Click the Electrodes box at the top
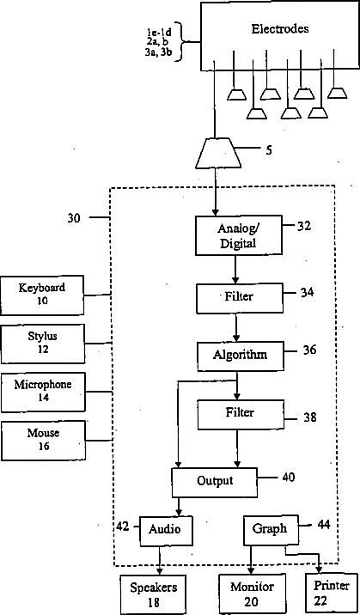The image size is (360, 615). click(280, 36)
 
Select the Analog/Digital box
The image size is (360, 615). click(239, 235)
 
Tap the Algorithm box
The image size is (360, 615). click(240, 356)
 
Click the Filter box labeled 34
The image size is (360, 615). click(239, 298)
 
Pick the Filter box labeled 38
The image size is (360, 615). click(240, 415)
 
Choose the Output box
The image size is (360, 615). click(215, 482)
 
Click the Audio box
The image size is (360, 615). click(167, 531)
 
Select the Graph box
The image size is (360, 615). click(270, 530)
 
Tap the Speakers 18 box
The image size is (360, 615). click(154, 594)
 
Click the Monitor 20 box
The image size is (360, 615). click(252, 594)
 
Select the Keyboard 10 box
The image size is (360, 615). click(42, 295)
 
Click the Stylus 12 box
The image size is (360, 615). click(43, 344)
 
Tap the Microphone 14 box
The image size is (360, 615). click(43, 393)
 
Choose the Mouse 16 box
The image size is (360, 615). click(44, 441)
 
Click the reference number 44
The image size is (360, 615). click(323, 525)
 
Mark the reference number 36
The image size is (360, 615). click(309, 349)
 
